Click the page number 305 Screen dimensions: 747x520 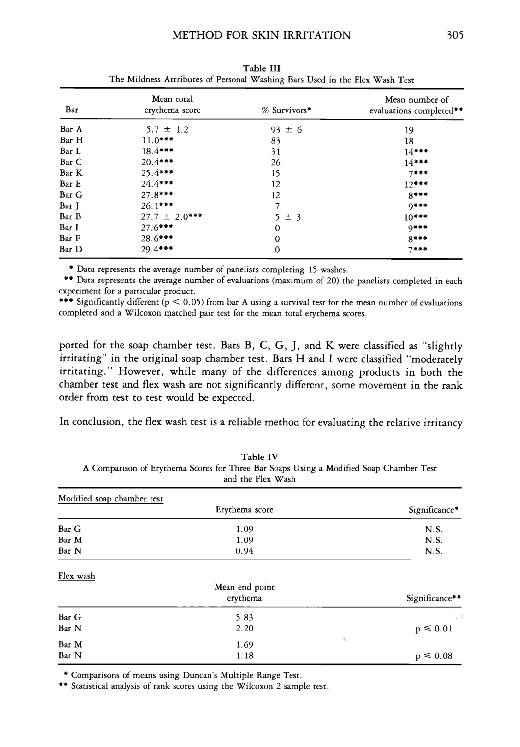coord(454,35)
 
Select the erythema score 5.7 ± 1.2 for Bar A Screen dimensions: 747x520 coord(167,130)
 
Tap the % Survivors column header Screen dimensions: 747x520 coord(287,110)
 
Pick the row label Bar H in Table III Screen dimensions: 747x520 coord(71,140)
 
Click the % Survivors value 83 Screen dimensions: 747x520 coord(275,141)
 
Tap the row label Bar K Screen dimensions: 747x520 coord(71,173)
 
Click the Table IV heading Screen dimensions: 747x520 coord(259,457)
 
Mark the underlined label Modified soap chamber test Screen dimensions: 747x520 coord(110,499)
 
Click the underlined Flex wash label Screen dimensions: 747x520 coord(77,576)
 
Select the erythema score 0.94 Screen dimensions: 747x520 coord(244,551)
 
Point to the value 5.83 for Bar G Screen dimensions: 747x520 coord(244,618)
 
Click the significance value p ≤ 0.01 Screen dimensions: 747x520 coord(434,629)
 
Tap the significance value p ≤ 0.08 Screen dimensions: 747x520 coord(434,656)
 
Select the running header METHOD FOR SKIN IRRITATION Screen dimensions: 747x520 coord(262,35)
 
